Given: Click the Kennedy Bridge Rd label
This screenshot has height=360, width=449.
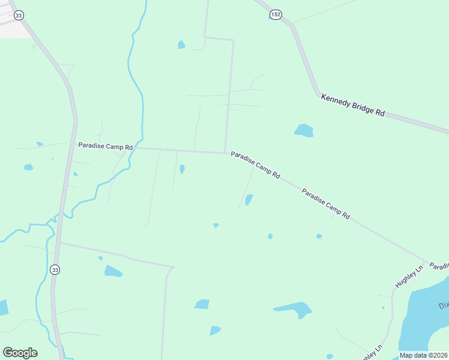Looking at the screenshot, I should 352,104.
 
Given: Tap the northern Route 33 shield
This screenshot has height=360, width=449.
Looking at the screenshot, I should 19,15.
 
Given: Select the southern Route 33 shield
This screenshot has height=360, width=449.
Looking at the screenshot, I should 55,269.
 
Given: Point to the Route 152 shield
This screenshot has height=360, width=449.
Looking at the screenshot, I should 275,14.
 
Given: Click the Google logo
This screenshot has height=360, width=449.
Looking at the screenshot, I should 20,353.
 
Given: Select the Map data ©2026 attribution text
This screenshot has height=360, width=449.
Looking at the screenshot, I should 423,355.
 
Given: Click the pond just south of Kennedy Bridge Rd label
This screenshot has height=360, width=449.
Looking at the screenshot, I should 304,130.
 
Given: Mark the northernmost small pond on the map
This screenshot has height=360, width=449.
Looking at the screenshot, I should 181,44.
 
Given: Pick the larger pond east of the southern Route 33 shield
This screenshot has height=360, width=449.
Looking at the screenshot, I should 112,271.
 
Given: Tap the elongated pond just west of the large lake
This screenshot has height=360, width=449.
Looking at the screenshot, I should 294,310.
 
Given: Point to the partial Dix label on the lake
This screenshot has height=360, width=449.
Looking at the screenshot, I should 443,305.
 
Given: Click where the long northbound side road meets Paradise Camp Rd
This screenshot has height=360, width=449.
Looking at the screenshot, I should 226,152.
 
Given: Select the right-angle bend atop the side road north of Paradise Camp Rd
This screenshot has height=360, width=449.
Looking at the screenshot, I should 233,40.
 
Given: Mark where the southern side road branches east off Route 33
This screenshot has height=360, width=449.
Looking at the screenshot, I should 59,243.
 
